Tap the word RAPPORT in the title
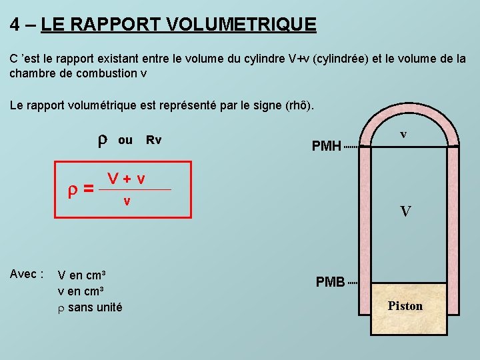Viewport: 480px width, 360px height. click(125, 25)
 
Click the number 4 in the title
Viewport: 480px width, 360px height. click(15, 25)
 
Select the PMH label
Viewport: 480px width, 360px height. click(327, 146)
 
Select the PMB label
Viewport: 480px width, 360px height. click(330, 282)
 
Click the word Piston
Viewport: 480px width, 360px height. click(405, 306)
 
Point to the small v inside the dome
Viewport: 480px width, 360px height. click(403, 134)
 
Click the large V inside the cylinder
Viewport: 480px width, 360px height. click(405, 212)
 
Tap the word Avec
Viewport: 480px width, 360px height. click(27, 274)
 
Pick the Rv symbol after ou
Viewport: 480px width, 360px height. click(154, 140)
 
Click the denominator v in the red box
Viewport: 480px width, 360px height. click(127, 200)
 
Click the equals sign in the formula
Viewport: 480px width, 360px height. click(87, 190)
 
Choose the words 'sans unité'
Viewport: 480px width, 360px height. click(95, 307)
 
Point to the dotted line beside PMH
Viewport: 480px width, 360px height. click(351, 146)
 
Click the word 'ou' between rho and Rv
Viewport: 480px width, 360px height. click(125, 140)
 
